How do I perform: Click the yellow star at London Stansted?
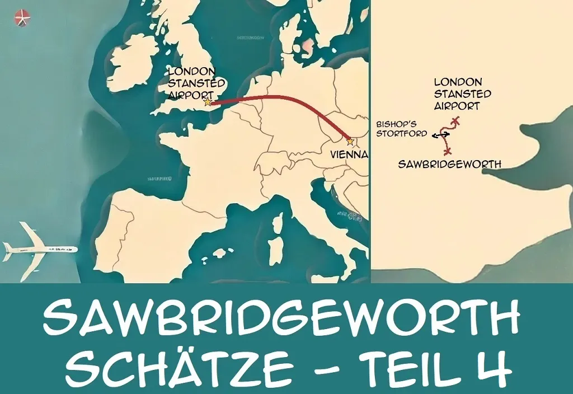pos(208,102)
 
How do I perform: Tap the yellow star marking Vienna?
pos(350,141)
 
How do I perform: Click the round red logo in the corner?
pos(22,18)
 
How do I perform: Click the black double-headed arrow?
pos(442,135)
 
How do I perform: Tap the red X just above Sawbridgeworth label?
pos(447,151)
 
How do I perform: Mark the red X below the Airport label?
pos(457,120)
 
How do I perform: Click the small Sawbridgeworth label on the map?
pos(449,164)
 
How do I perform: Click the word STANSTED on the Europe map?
pos(197,83)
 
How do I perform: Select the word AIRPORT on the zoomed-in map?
pos(457,105)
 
